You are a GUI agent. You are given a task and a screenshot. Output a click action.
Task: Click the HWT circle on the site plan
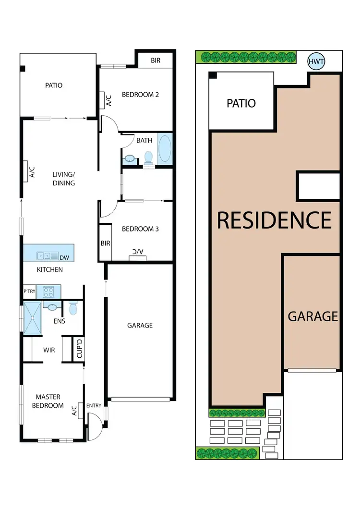click(316, 61)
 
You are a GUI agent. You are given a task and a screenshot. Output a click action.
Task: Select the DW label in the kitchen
click(64, 258)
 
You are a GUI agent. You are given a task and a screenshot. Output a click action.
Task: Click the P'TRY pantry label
click(30, 291)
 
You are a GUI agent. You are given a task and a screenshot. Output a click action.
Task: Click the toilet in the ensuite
click(73, 308)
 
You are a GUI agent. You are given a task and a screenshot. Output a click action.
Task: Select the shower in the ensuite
click(33, 317)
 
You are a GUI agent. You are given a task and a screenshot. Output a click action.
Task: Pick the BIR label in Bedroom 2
click(156, 61)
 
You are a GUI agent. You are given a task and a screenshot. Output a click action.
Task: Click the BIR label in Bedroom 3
click(105, 243)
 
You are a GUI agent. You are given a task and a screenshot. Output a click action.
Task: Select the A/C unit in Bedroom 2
click(108, 100)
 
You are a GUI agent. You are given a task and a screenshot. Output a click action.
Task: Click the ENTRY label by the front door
click(94, 406)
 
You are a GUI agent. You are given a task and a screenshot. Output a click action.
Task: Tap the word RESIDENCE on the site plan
click(274, 220)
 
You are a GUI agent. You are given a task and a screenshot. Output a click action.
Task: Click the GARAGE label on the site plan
click(313, 316)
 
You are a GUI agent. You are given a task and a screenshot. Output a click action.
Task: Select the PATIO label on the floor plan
click(54, 85)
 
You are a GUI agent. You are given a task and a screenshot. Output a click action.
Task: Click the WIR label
click(49, 350)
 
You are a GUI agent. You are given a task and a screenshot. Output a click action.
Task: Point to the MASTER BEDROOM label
click(48, 401)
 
